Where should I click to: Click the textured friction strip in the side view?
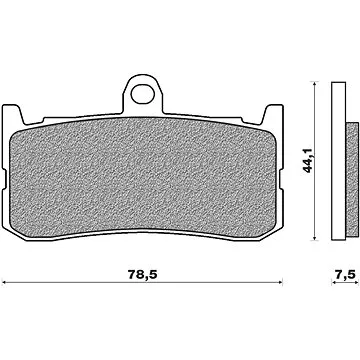point(350,160)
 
